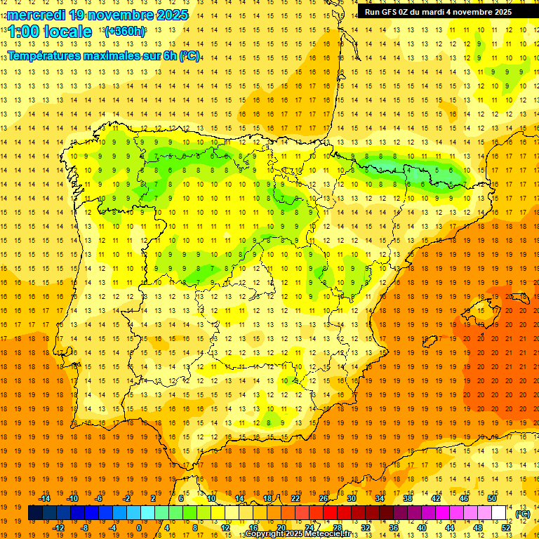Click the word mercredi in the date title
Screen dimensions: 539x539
(x=37, y=15)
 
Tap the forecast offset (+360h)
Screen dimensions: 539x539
(x=125, y=32)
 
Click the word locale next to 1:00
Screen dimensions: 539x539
(x=68, y=32)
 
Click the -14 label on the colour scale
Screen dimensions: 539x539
(x=44, y=498)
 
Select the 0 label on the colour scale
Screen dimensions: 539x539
(x=139, y=528)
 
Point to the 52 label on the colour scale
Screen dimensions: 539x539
(x=506, y=528)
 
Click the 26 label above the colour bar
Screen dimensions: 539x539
(x=323, y=498)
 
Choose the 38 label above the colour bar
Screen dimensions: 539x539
(x=407, y=498)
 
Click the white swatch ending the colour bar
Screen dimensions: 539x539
(x=498, y=513)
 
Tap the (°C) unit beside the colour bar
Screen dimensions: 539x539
(x=523, y=514)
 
